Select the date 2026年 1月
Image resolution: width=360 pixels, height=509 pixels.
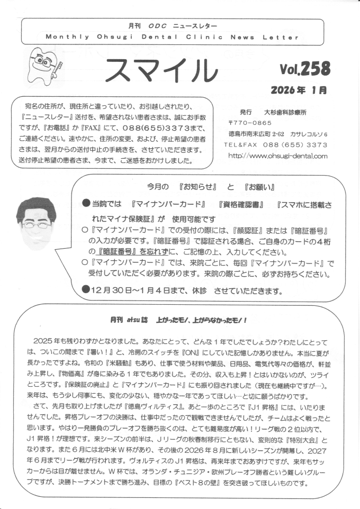tap(298, 90)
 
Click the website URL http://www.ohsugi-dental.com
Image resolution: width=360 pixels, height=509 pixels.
tap(277, 156)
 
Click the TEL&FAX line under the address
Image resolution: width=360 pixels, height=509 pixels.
tap(275, 144)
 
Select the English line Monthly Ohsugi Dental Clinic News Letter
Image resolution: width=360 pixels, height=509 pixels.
tap(172, 38)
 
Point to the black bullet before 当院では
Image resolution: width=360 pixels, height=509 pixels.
tap(87, 203)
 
